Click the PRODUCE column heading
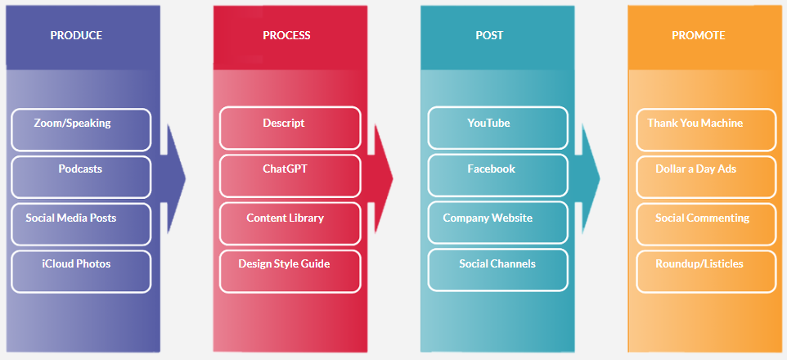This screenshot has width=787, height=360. tap(76, 36)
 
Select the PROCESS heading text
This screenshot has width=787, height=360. tap(286, 36)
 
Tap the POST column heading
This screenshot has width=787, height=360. tap(489, 36)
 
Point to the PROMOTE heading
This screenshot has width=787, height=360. tap(698, 36)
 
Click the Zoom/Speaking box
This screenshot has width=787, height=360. tap(81, 129)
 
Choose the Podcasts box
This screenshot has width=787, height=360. tap(81, 176)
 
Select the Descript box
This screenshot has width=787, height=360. tap(290, 128)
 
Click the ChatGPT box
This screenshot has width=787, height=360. tap(290, 176)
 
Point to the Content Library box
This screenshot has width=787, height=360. tap(290, 223)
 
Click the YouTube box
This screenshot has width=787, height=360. tap(497, 128)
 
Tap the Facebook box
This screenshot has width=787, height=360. tap(497, 176)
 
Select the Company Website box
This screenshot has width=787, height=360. tap(497, 223)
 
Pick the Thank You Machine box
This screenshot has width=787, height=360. tap(705, 128)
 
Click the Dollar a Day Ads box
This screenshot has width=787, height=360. tap(705, 176)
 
